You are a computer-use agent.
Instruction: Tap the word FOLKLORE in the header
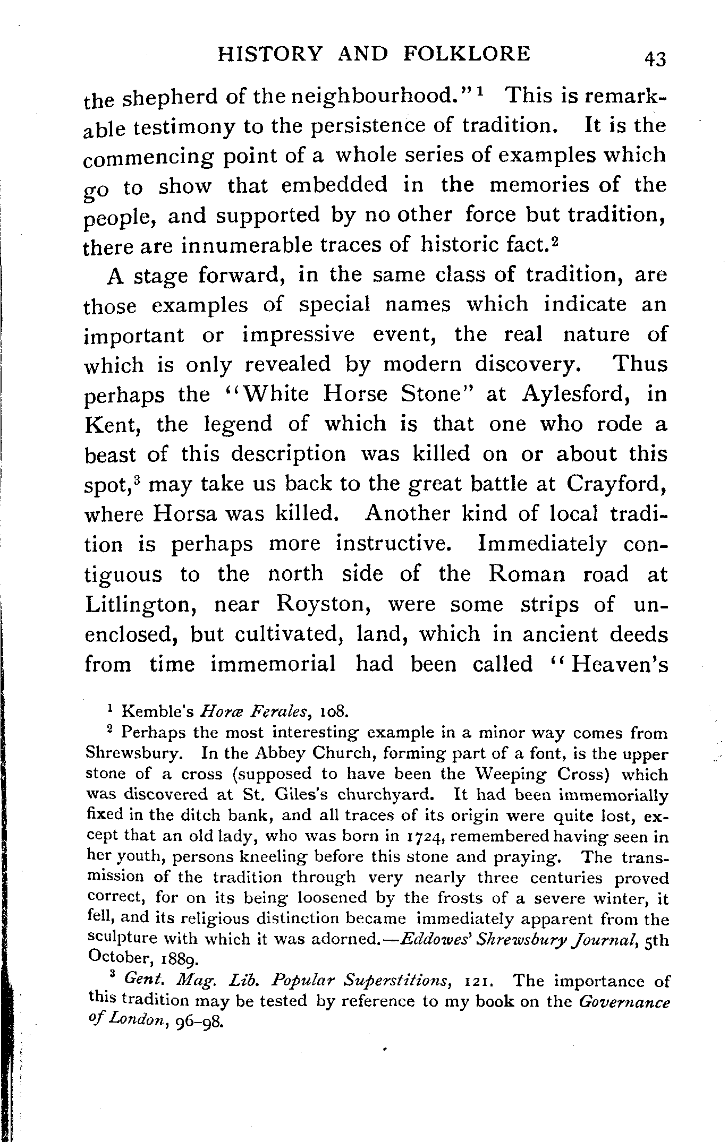coord(467,54)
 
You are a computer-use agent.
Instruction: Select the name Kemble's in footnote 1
coord(156,710)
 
